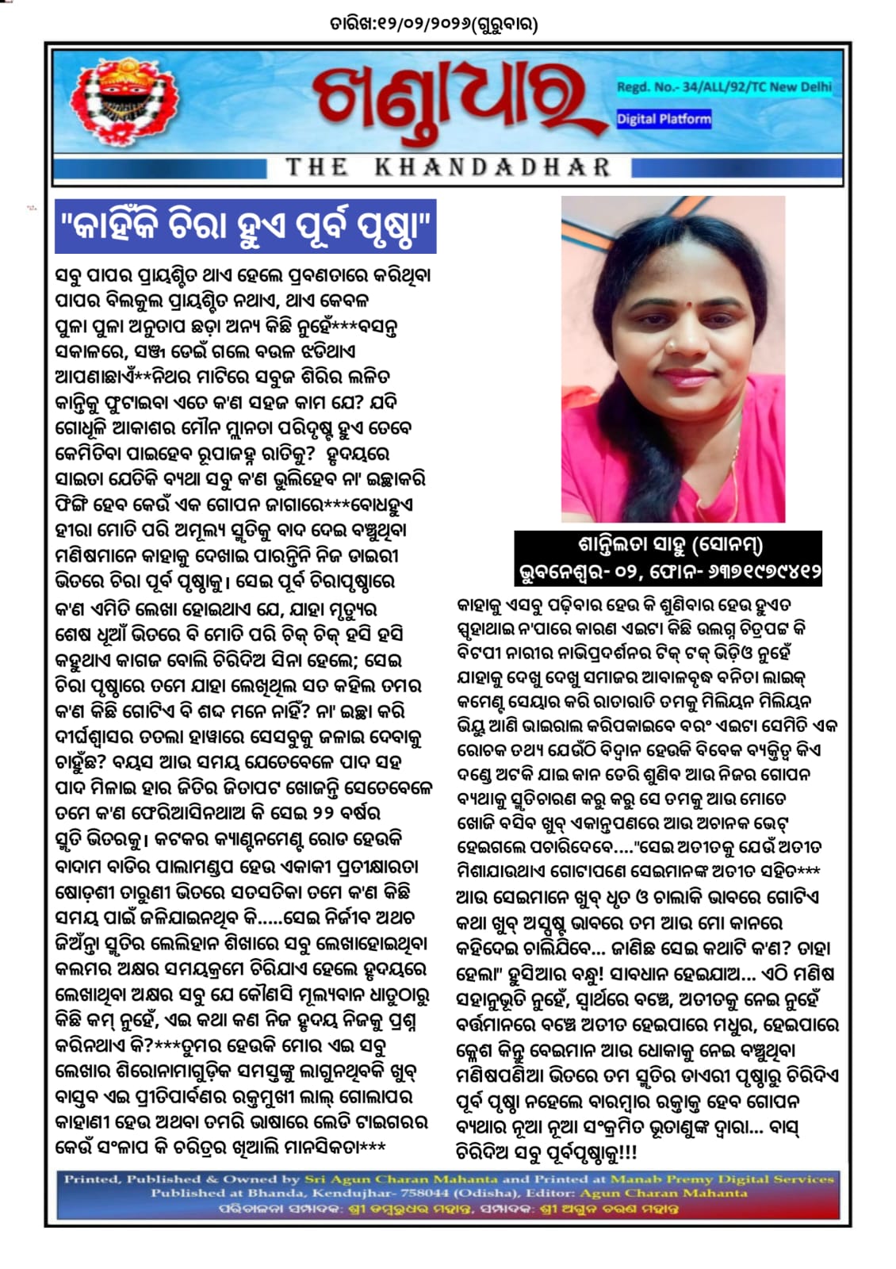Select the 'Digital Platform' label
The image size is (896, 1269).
(664, 119)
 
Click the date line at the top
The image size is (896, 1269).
(434, 25)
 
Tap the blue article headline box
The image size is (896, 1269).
(247, 227)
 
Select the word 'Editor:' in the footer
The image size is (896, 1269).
(549, 1193)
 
